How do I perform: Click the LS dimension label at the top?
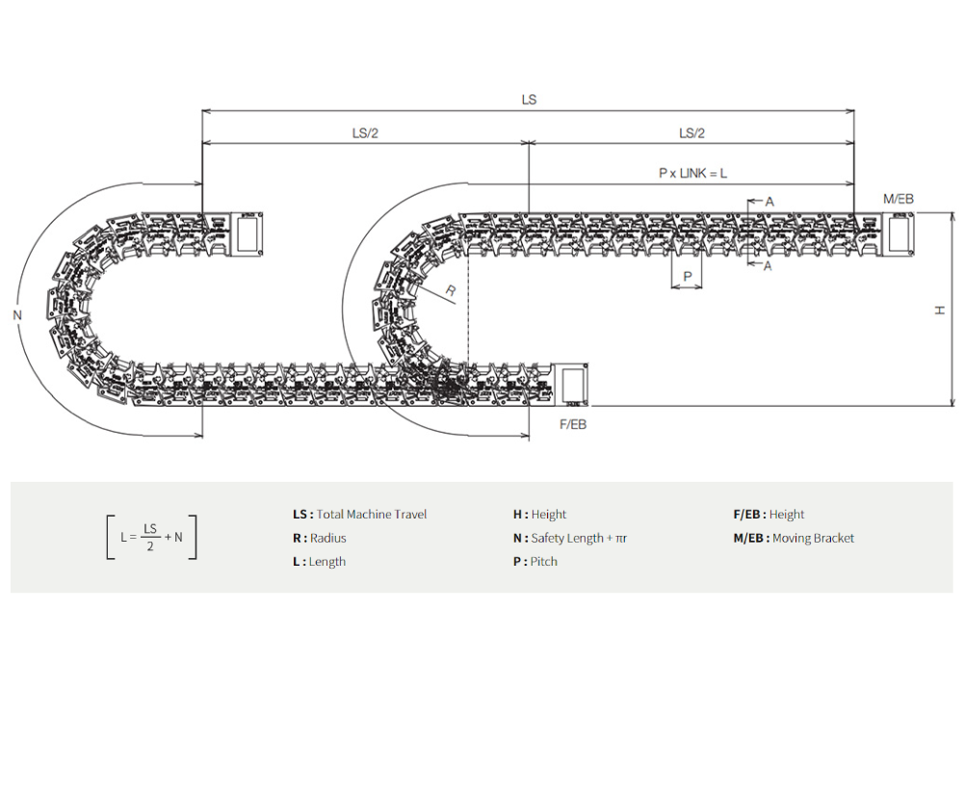tap(529, 99)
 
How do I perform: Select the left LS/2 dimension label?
tap(365, 133)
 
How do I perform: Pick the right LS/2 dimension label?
tap(691, 133)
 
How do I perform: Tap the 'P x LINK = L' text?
tap(692, 173)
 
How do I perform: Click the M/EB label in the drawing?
tap(898, 199)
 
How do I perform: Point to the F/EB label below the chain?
tap(573, 425)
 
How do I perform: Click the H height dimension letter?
tap(939, 311)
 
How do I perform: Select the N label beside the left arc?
tap(17, 315)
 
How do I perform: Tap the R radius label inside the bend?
tap(450, 291)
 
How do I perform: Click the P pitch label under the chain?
tap(688, 277)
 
